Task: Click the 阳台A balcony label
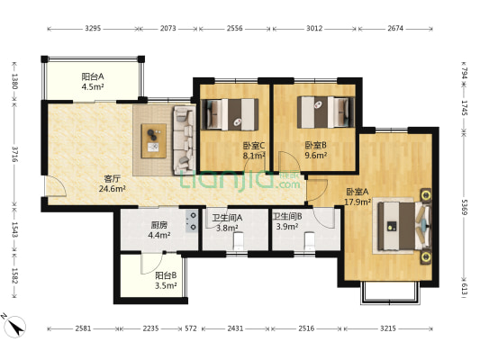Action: (93, 76)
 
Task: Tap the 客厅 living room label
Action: (112, 178)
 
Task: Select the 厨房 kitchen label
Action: (159, 225)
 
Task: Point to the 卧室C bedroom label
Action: (254, 145)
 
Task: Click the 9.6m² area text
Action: (315, 156)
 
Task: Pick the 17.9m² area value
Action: (358, 202)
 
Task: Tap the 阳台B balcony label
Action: (166, 275)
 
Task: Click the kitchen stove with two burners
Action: (191, 221)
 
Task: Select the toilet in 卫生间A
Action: (238, 241)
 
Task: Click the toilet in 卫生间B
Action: (310, 241)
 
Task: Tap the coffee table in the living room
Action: (154, 140)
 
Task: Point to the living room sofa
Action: (185, 140)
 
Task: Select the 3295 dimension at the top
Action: (93, 29)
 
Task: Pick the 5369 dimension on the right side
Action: (465, 207)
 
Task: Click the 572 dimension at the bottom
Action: (191, 328)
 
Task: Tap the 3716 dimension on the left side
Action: (14, 154)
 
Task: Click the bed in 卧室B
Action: (326, 112)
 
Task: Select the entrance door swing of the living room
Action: (56, 186)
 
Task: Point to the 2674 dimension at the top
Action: (395, 29)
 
